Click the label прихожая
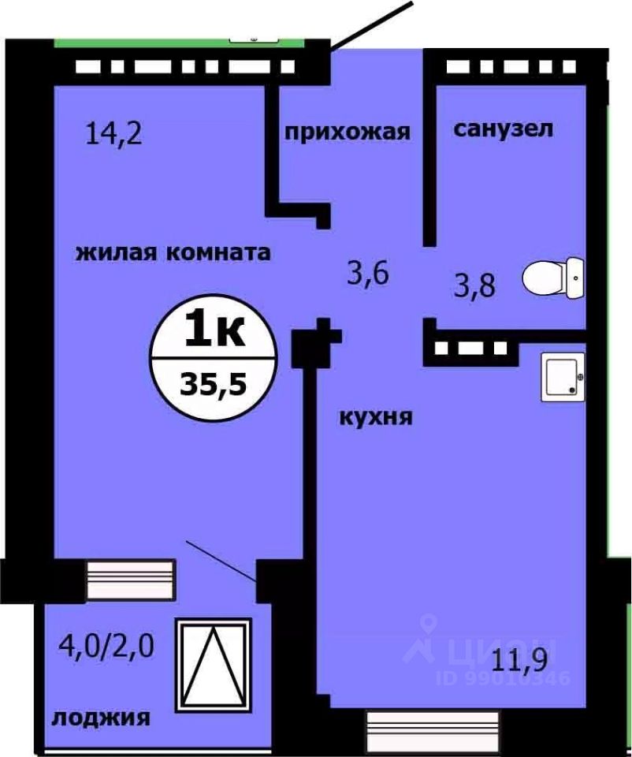tap(348, 132)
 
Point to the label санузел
tap(504, 129)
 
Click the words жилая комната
tap(173, 253)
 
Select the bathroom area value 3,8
tap(475, 284)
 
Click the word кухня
tap(376, 416)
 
